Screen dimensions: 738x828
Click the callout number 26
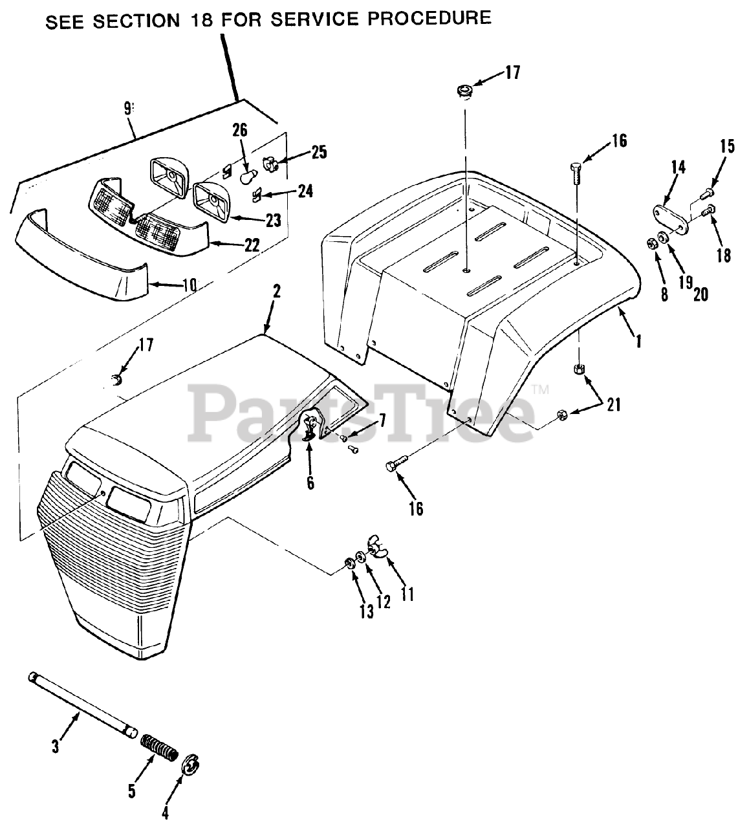(240, 130)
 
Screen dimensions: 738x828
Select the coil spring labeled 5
(159, 746)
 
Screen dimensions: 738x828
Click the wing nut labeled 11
(376, 546)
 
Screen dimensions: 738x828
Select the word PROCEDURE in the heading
(429, 17)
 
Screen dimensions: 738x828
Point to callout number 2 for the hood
(276, 291)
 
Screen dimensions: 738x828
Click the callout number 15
(727, 146)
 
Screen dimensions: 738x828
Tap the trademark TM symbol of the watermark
(540, 389)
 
